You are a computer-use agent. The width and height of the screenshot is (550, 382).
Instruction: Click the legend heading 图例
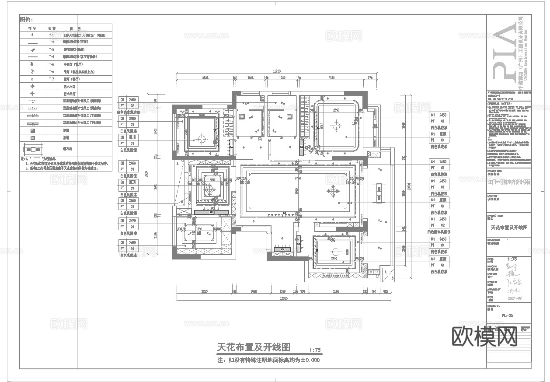point(26,20)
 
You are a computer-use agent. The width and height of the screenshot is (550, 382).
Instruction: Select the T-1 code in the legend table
point(51,35)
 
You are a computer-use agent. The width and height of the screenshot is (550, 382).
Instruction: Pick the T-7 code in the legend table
point(51,79)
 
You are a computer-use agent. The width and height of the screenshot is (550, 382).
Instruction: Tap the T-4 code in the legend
point(51,57)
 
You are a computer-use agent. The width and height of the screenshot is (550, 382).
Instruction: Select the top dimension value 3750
point(331,78)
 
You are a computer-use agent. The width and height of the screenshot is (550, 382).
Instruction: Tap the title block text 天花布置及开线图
point(509,228)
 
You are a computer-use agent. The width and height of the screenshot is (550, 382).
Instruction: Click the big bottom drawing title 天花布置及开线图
point(254,347)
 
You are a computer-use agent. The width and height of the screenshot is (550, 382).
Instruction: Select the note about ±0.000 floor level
point(268,361)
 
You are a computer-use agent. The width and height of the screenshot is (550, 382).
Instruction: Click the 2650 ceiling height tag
point(132,200)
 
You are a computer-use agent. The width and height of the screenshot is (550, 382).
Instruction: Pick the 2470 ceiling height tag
point(132,221)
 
